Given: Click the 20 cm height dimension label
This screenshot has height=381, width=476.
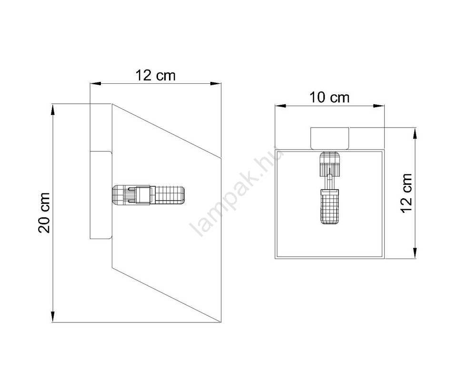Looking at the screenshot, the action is click(44, 213).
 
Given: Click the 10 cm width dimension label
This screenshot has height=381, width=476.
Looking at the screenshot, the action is click(329, 98).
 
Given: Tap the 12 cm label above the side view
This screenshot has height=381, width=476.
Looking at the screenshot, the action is click(156, 75).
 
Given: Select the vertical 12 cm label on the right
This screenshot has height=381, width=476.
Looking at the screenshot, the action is click(407, 193).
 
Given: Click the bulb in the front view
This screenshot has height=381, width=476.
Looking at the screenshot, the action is click(330, 207).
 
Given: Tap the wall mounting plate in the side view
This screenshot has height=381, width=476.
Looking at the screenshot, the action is click(101, 195).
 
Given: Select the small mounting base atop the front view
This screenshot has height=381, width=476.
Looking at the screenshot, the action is click(330, 138).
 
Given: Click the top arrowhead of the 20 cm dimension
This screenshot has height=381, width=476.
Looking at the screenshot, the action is click(53, 110).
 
